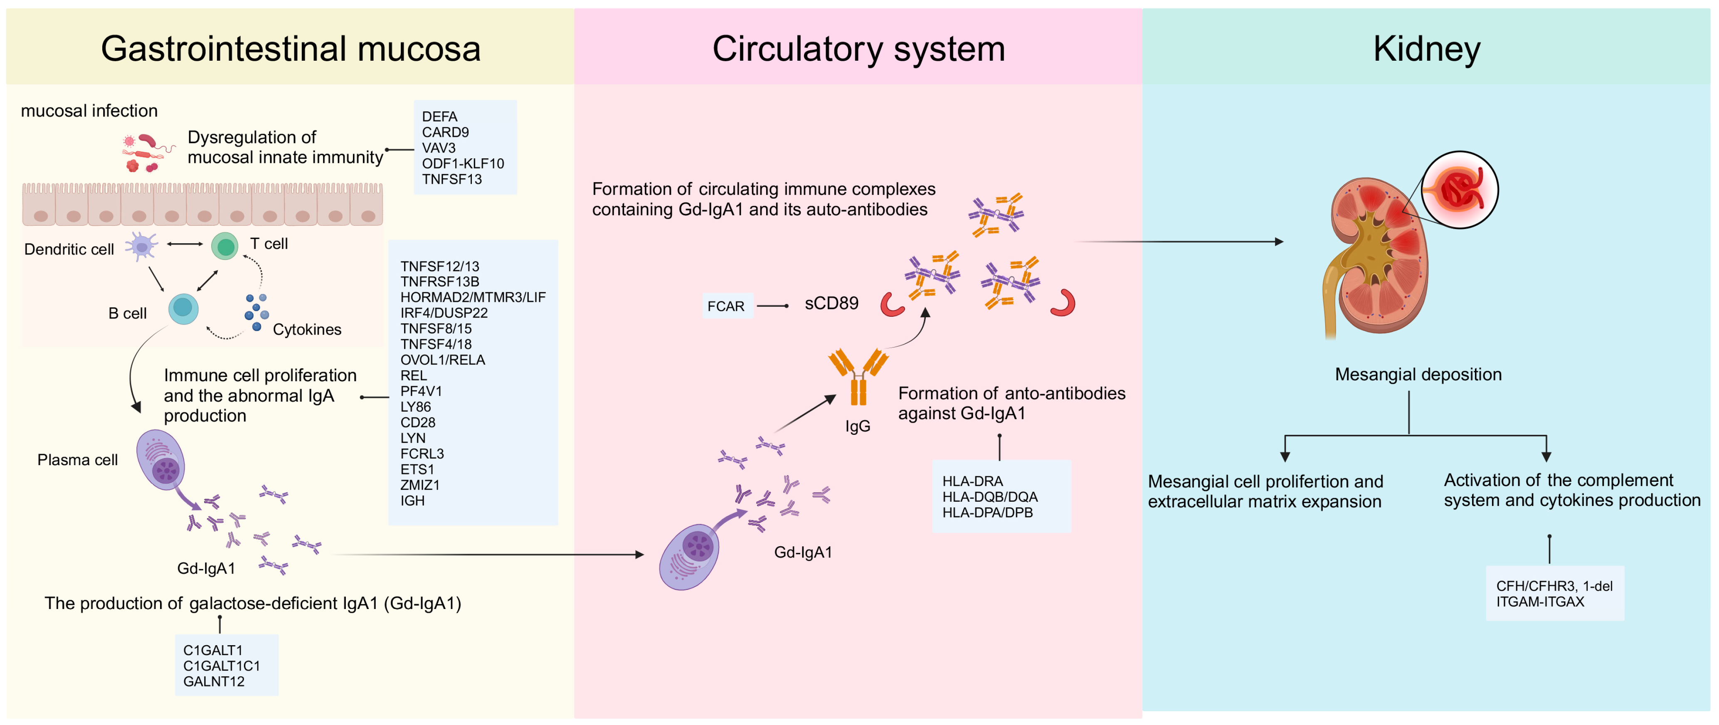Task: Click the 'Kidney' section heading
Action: pos(1427,50)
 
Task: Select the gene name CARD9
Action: pos(445,132)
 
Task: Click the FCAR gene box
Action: pos(726,306)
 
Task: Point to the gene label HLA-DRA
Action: pos(972,481)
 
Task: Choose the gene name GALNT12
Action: pos(214,681)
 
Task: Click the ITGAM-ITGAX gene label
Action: pos(1539,602)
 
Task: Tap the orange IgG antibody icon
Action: pos(858,377)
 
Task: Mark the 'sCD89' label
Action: pos(831,303)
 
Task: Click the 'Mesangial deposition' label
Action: pos(1418,375)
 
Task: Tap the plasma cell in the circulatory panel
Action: pos(689,556)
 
